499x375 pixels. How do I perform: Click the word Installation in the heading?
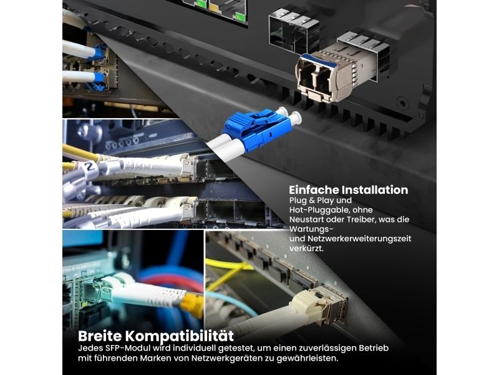(375, 190)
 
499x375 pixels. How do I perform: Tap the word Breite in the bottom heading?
(100, 336)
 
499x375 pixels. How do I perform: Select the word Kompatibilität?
(179, 336)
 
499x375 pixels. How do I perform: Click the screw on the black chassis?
(403, 104)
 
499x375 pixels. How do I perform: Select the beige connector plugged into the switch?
(307, 304)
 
